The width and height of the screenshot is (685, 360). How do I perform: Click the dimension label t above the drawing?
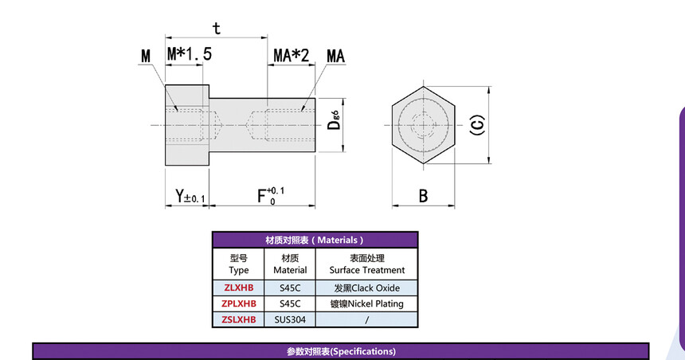tap(216, 29)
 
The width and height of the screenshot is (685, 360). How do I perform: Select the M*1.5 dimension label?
tap(189, 54)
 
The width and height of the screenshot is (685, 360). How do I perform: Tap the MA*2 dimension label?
tap(291, 56)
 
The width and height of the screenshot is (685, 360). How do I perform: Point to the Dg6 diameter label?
tap(334, 120)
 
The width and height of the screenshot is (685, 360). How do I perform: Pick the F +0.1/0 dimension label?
tap(271, 196)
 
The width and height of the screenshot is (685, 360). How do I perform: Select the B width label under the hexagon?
tap(423, 196)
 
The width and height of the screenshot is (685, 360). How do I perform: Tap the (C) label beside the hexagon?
tap(477, 125)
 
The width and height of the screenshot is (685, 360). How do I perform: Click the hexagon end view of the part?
tap(423, 125)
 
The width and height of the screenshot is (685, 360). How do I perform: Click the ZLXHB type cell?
tap(238, 288)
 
